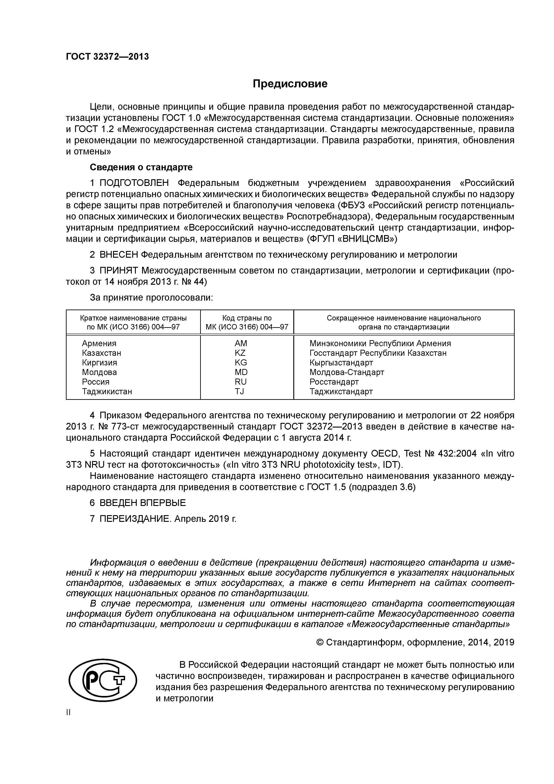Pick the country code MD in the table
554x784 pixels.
tap(241, 372)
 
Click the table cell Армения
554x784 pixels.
tap(99, 344)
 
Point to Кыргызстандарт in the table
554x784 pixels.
tap(341, 363)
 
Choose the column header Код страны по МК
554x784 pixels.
tap(247, 322)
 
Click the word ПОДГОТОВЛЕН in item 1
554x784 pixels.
tap(134, 183)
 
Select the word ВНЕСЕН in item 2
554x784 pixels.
tap(119, 255)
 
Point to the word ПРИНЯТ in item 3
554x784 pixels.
tap(118, 271)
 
